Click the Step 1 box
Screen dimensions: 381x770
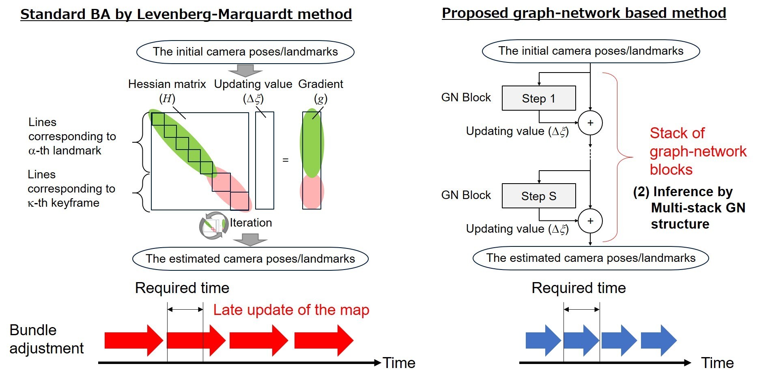[538, 98]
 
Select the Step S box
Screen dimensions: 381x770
[538, 196]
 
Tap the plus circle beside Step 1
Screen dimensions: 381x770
[590, 123]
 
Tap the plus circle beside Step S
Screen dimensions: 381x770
[590, 221]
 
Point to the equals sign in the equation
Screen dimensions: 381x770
[286, 161]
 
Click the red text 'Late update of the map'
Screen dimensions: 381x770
[291, 310]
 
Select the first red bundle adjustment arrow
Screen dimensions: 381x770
[133, 340]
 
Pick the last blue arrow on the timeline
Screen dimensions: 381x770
[658, 340]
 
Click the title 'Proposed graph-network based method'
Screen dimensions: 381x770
[583, 13]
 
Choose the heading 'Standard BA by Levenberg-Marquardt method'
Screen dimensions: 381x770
[186, 14]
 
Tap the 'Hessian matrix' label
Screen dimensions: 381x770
[167, 84]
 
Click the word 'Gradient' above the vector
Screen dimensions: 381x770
[320, 84]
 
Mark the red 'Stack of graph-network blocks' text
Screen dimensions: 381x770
[697, 151]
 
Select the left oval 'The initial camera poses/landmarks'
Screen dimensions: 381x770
[245, 52]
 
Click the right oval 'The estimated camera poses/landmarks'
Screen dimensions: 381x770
[590, 258]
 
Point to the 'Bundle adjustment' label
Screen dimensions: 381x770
[46, 339]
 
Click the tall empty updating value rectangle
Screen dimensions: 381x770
[265, 161]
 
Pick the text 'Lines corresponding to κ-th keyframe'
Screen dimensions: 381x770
[71, 188]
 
